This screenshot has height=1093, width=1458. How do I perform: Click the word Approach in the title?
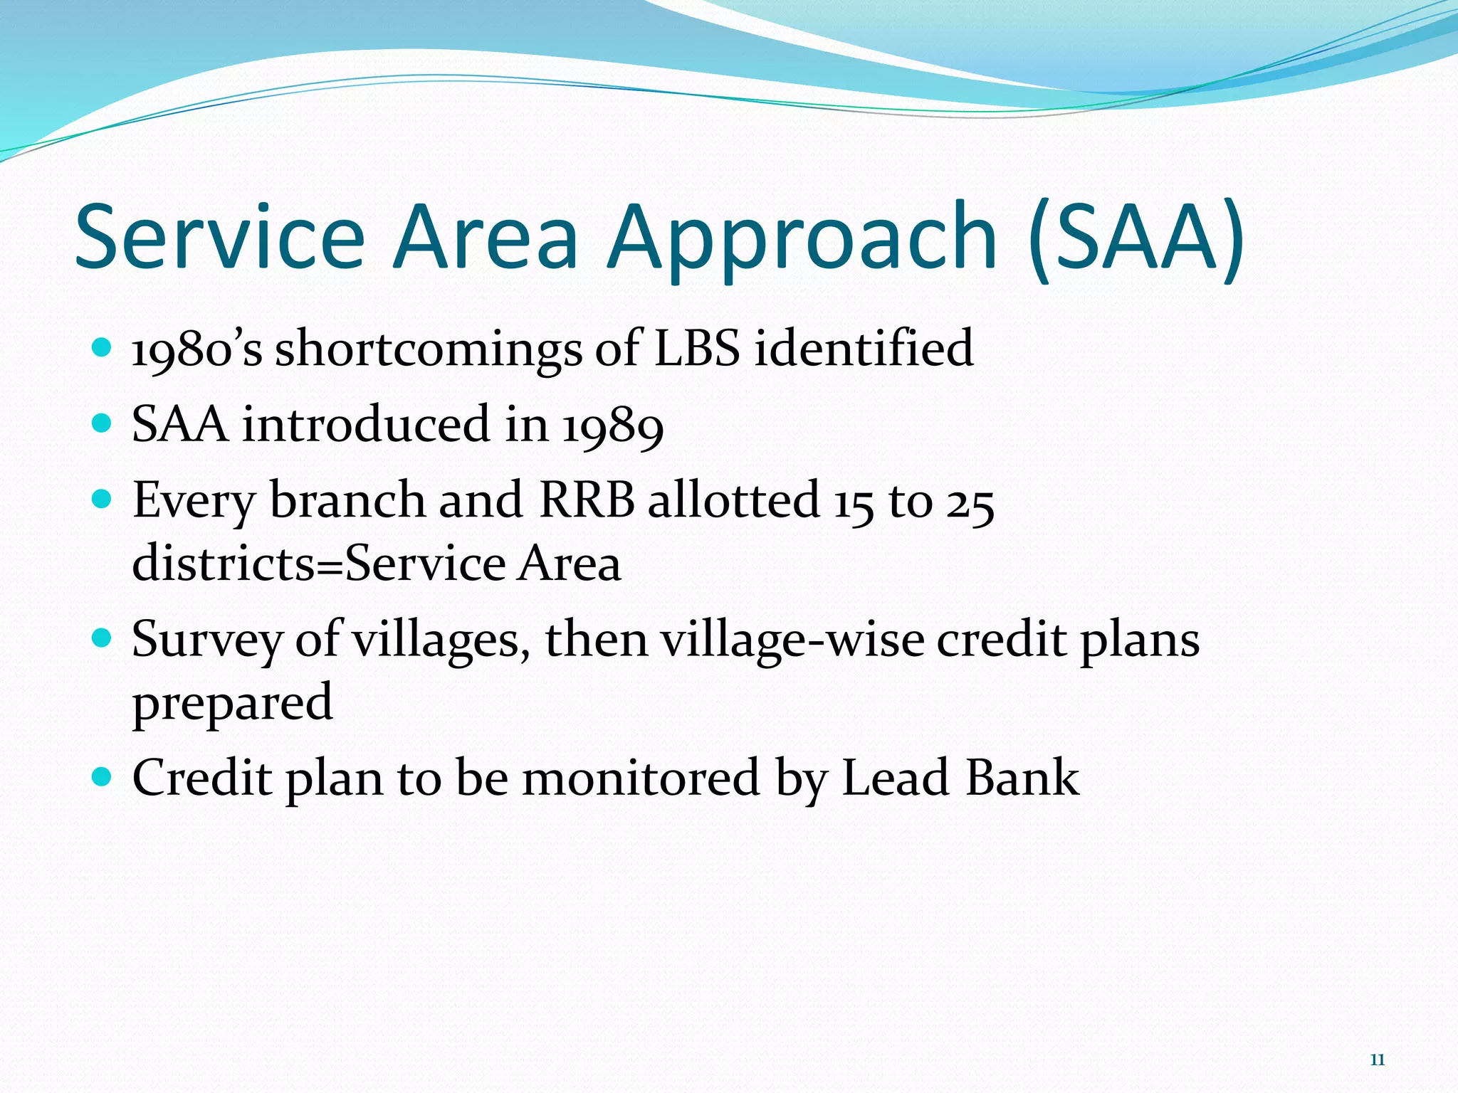point(801,238)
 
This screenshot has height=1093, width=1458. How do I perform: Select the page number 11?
point(1377,1060)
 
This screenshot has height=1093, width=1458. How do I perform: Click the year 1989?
point(612,426)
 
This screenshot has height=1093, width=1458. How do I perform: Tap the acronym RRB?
point(587,500)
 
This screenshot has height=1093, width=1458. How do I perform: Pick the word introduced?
point(367,424)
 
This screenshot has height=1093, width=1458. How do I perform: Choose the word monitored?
point(641,777)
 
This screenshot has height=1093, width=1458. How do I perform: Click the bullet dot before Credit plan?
point(103,775)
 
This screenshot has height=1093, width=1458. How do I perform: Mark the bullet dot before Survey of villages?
point(103,636)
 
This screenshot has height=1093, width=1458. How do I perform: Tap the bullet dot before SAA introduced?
point(103,423)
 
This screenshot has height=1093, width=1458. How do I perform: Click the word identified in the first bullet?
point(864,349)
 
